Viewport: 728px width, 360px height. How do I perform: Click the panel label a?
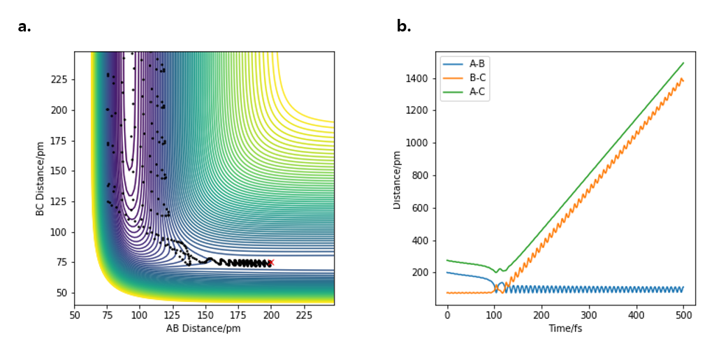[x=24, y=27]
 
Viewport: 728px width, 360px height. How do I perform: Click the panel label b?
[x=404, y=27]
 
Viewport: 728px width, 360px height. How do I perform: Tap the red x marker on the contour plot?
[x=271, y=262]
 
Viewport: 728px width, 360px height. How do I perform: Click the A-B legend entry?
[x=477, y=64]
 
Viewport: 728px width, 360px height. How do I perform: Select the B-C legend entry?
[x=477, y=77]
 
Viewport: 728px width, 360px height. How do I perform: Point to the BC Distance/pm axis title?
[x=41, y=178]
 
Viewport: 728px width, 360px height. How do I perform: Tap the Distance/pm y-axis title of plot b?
[x=397, y=178]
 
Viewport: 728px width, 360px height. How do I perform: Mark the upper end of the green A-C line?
[x=683, y=63]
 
